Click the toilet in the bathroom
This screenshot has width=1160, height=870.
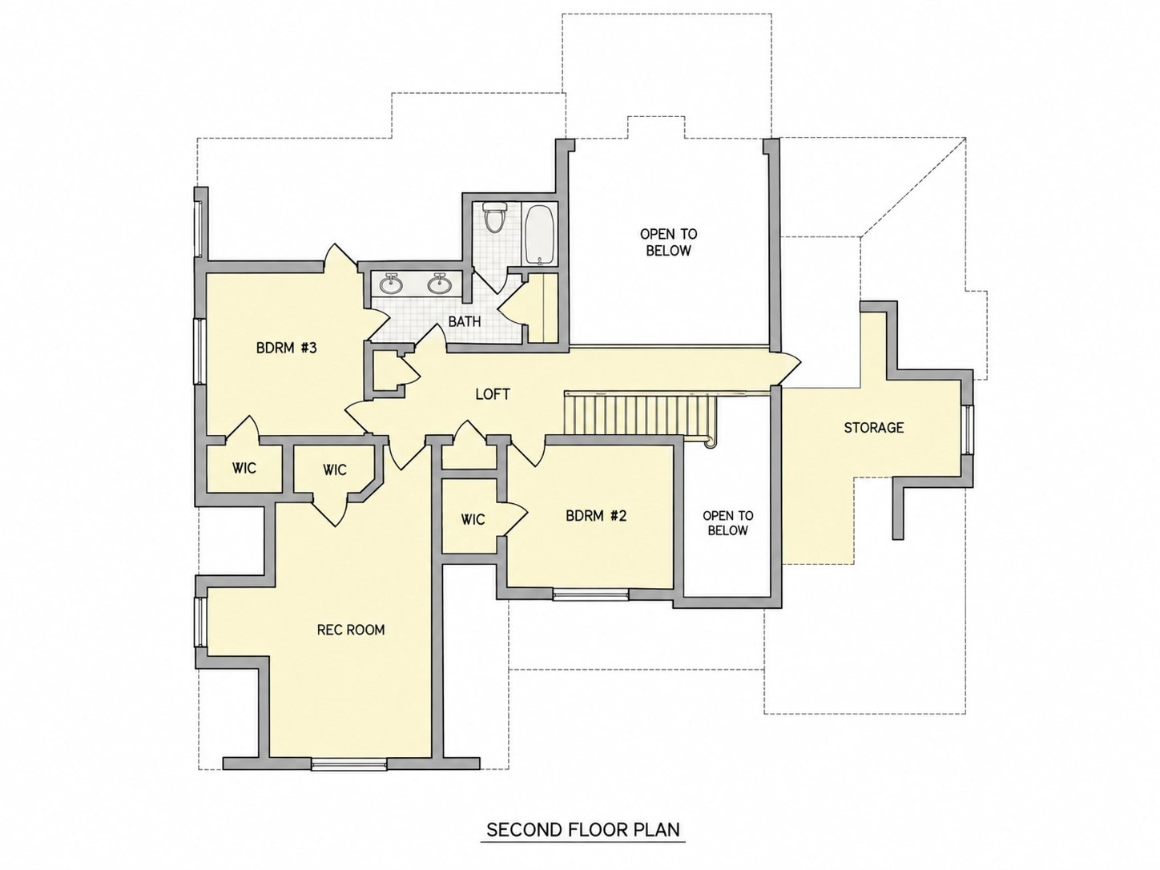(x=495, y=217)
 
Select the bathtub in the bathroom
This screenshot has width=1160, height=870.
(x=540, y=235)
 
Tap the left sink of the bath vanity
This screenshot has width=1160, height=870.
(x=391, y=284)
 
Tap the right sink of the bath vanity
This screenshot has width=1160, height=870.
(x=439, y=284)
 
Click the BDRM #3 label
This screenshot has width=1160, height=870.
(x=287, y=348)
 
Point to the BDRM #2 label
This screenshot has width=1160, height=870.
(x=596, y=516)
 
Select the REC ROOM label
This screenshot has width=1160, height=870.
(x=351, y=630)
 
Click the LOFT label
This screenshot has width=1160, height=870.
(x=493, y=394)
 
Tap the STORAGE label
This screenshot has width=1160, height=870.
(x=873, y=427)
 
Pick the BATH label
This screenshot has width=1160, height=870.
(x=465, y=321)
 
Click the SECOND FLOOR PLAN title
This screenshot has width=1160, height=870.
(x=583, y=830)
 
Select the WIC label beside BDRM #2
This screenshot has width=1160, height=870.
(x=473, y=520)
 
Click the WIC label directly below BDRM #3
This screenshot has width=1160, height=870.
(x=244, y=468)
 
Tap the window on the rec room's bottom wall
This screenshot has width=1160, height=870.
(x=348, y=763)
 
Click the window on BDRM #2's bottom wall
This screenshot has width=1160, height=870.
(x=591, y=594)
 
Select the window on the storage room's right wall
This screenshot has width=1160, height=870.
(x=967, y=429)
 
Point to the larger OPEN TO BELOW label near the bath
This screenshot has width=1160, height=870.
(x=668, y=243)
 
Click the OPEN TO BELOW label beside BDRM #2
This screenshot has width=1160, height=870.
(x=727, y=523)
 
